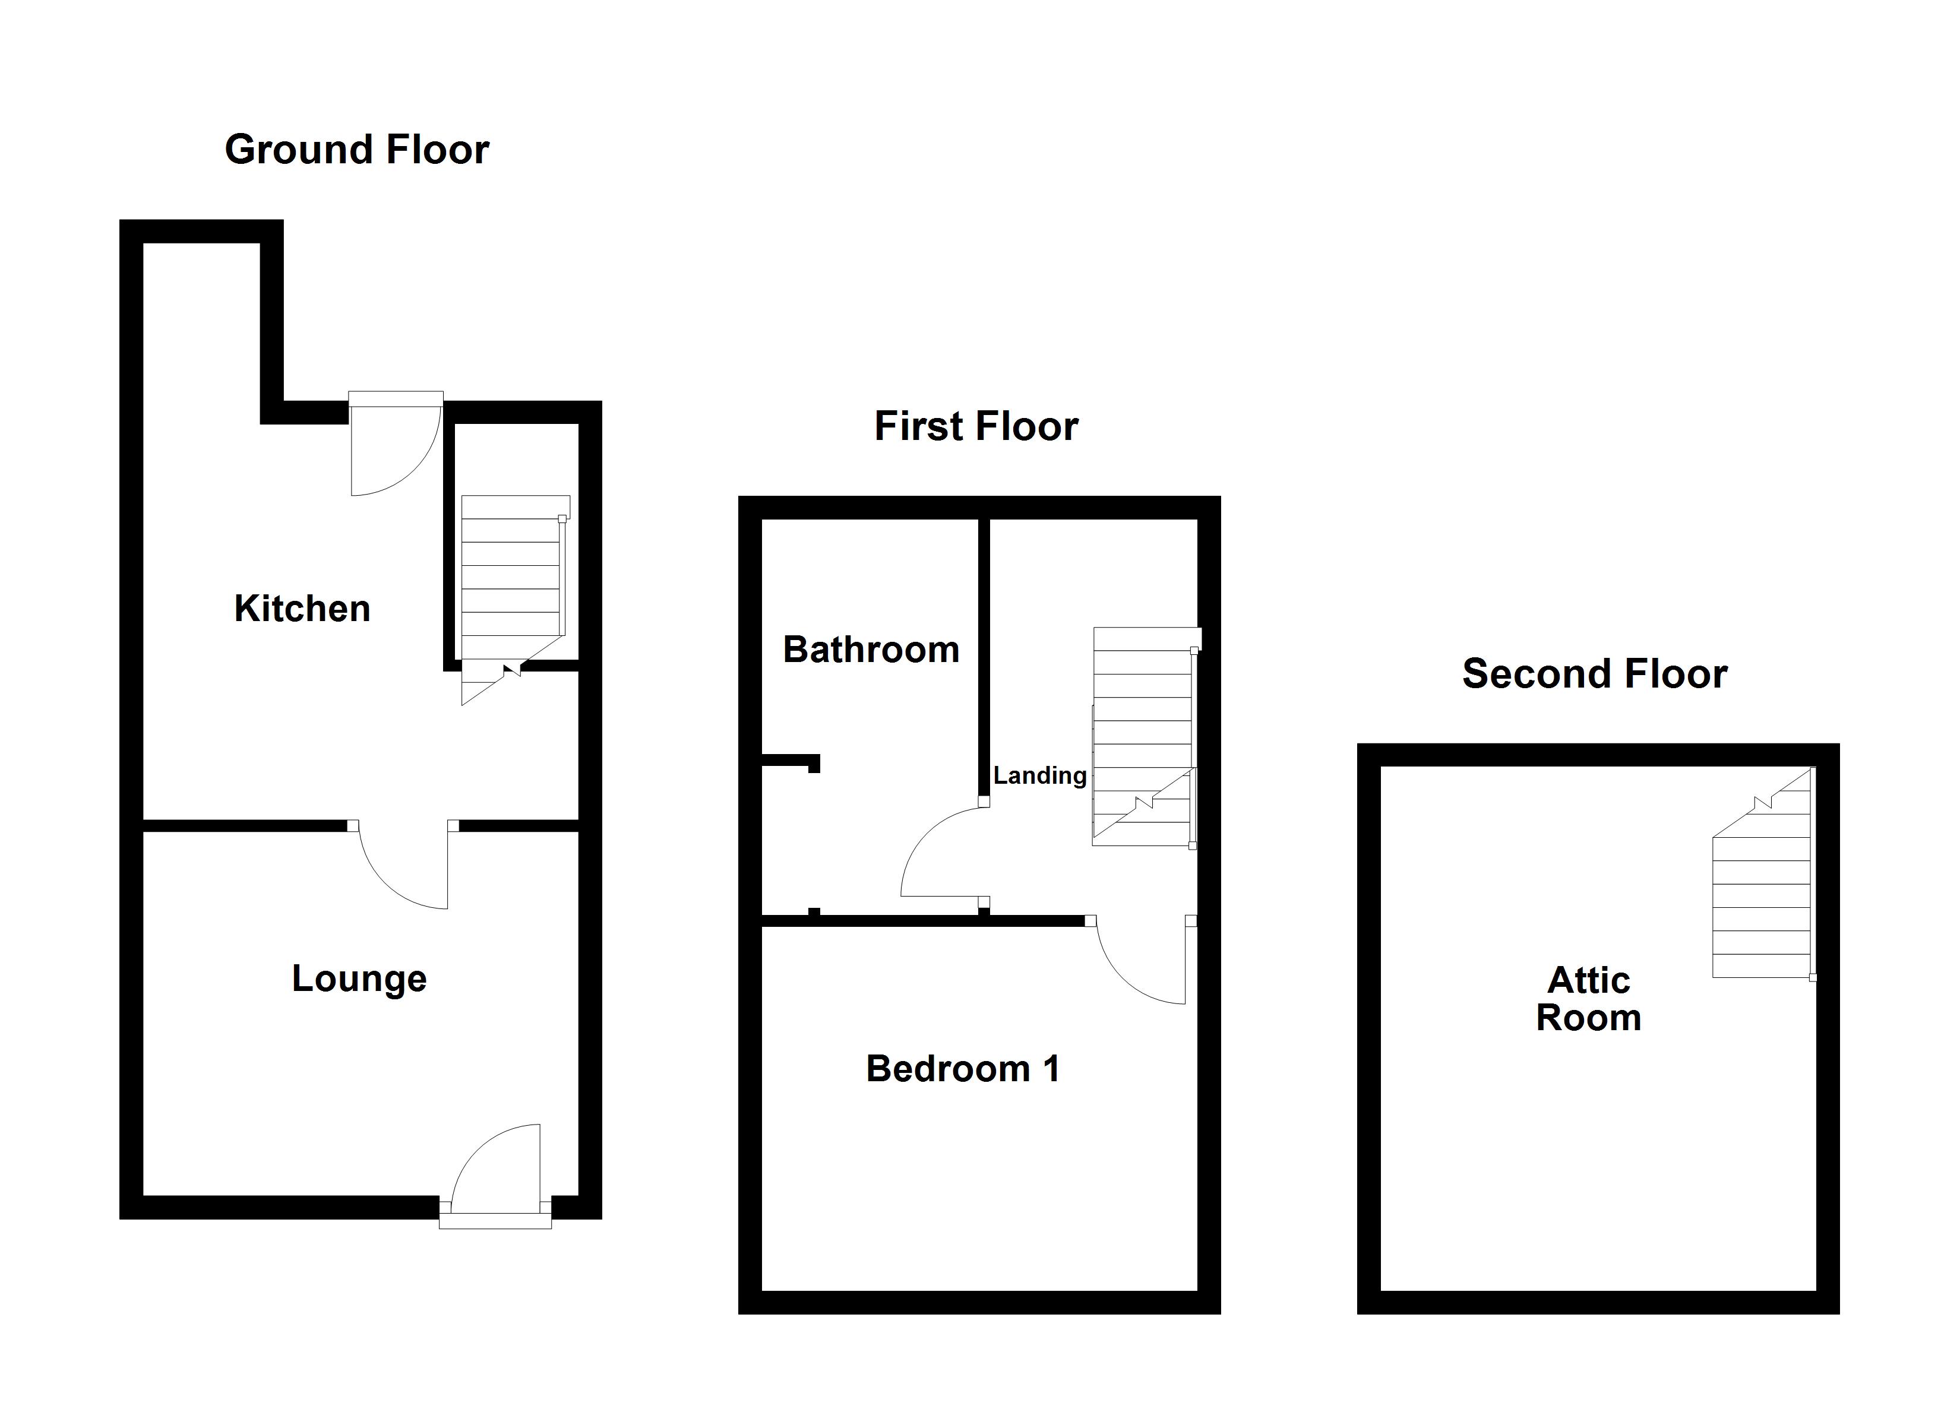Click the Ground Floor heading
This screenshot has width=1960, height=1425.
pyautogui.click(x=357, y=150)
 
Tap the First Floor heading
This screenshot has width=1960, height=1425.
pyautogui.click(x=976, y=427)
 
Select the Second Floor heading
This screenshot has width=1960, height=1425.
pyautogui.click(x=1595, y=674)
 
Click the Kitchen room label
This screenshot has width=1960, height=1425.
pyautogui.click(x=302, y=609)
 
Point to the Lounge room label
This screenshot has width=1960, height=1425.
pyautogui.click(x=359, y=979)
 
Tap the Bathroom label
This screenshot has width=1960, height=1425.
pyautogui.click(x=871, y=650)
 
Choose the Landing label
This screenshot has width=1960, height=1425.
pyautogui.click(x=1039, y=775)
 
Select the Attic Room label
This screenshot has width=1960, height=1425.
pyautogui.click(x=1588, y=1000)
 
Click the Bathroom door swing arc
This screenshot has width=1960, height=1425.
pyautogui.click(x=942, y=851)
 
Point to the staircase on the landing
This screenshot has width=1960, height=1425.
pyautogui.click(x=1143, y=734)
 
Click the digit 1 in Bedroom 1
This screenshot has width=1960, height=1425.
pyautogui.click(x=1051, y=1069)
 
